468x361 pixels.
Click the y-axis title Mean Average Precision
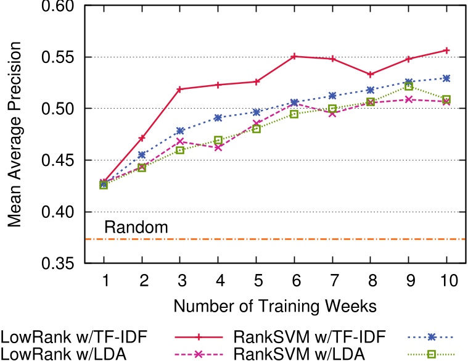click(14, 135)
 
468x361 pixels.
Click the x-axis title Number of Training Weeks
click(274, 305)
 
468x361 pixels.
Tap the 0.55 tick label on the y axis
click(57, 57)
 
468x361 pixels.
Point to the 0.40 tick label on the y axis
click(57, 212)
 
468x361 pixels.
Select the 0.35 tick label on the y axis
click(57, 263)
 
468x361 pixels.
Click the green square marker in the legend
click(432, 354)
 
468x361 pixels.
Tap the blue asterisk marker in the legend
click(432, 338)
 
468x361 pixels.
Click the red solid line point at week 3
click(180, 89)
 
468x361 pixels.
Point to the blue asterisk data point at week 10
click(447, 78)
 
